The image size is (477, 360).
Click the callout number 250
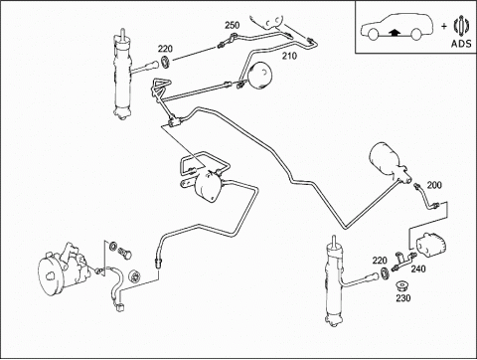(233, 25)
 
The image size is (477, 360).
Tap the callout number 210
(289, 56)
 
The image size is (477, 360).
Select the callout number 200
(434, 185)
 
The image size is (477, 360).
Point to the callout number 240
(418, 269)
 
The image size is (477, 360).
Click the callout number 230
(403, 298)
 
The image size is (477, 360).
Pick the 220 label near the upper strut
(165, 49)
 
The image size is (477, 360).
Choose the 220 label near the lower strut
(380, 261)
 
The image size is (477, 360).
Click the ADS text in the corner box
(461, 44)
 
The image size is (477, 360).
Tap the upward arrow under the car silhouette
(395, 32)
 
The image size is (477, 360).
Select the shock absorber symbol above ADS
(461, 26)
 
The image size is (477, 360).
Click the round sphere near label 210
(259, 76)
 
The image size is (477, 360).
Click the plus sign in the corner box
(444, 26)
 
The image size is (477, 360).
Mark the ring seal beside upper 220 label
(165, 63)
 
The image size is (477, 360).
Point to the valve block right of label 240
(431, 245)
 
